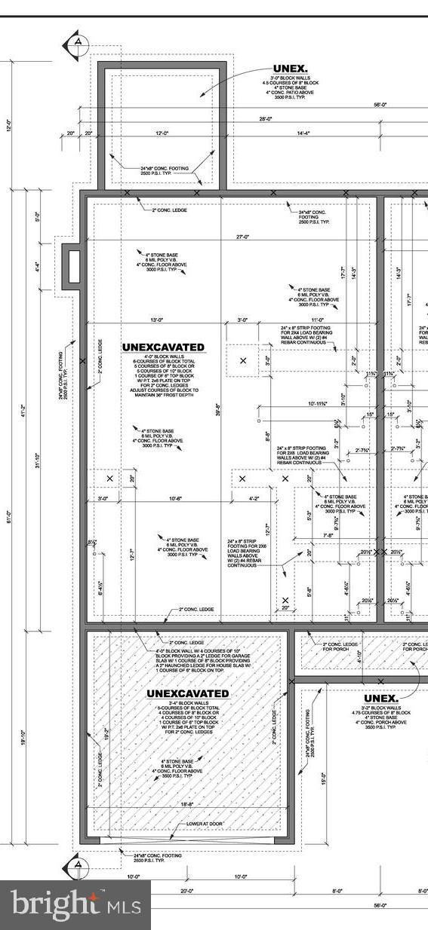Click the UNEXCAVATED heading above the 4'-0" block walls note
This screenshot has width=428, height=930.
[x=163, y=347]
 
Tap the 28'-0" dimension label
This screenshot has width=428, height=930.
[x=265, y=118]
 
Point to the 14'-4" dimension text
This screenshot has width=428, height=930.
[x=302, y=133]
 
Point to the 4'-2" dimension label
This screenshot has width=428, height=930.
[x=254, y=498]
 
